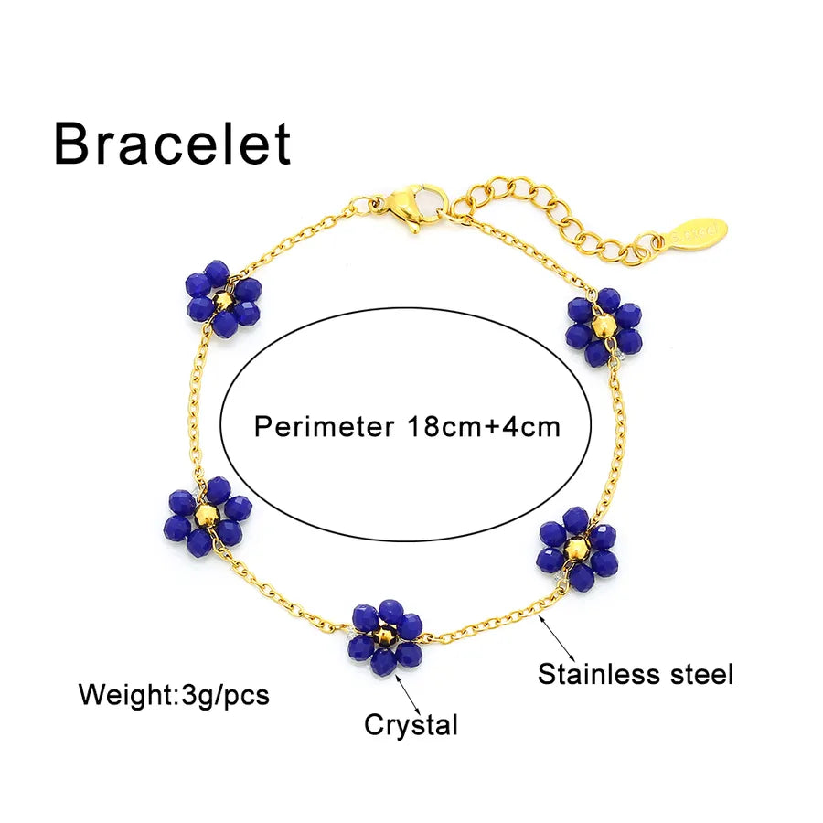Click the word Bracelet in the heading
tap(173, 144)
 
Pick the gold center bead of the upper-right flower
tap(603, 326)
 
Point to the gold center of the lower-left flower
tap(205, 516)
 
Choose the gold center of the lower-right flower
tap(576, 548)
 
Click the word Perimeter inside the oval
tap(324, 427)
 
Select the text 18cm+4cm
tap(484, 427)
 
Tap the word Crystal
tap(411, 726)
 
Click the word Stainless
tap(599, 674)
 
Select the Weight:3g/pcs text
tap(174, 696)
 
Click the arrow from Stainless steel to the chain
tap(556, 639)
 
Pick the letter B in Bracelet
tap(73, 144)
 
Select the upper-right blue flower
tap(604, 326)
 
